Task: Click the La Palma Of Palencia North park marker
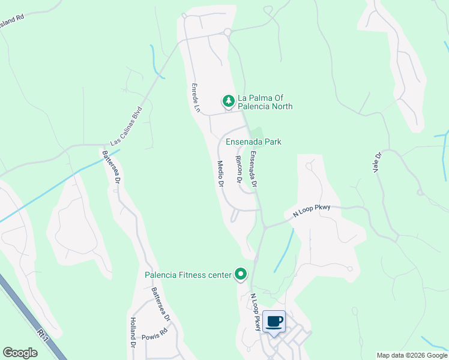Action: pos(228,101)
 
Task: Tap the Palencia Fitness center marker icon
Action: pos(241,274)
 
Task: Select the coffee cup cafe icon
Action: pos(274,322)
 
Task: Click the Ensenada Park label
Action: pos(253,142)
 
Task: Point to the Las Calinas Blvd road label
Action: pos(125,126)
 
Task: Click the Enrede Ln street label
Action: pos(195,98)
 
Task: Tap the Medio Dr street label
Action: pos(220,173)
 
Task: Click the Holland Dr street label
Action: pos(133,333)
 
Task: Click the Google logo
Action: pos(20,353)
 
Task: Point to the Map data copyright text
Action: pos(411,355)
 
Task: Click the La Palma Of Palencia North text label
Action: pos(265,102)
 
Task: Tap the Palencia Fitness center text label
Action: pos(188,275)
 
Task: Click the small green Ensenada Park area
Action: pos(256,133)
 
